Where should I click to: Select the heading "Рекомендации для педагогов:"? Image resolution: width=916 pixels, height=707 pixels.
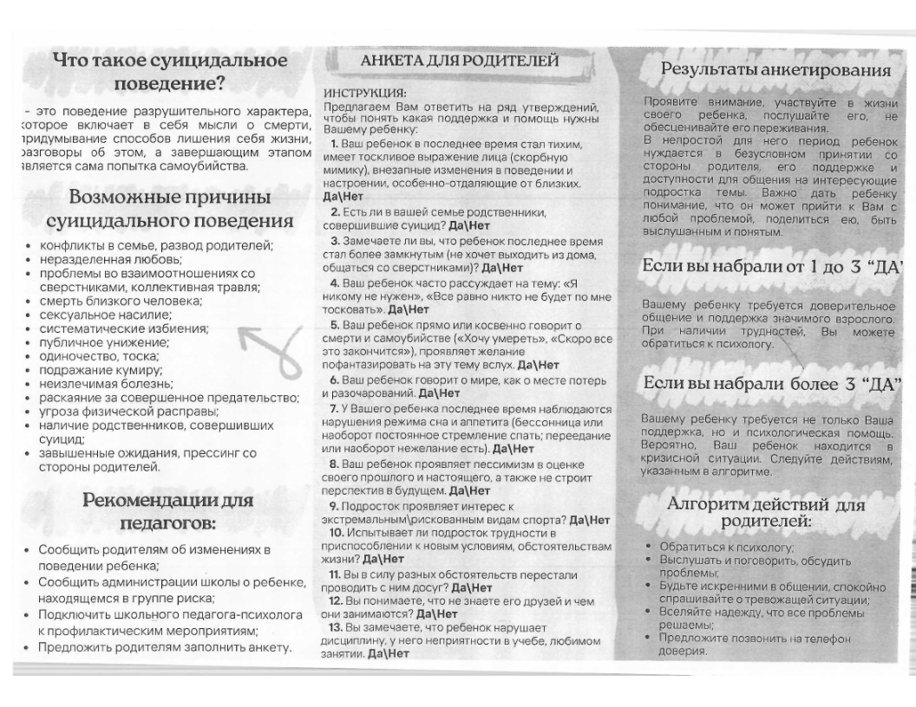coord(168,512)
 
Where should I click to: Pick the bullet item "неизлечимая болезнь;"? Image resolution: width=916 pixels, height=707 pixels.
coord(95,384)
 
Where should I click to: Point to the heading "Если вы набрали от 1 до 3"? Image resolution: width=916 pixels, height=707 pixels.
coord(774,269)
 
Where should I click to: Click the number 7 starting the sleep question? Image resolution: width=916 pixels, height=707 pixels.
coord(333,407)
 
